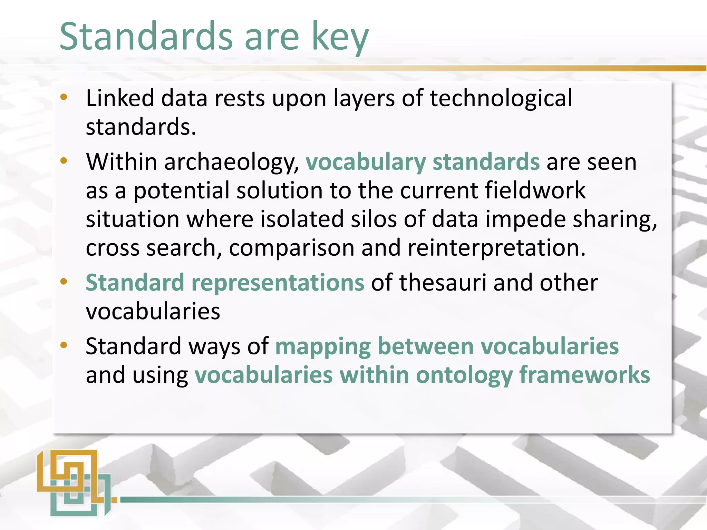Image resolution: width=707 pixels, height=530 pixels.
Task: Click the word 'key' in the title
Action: click(x=340, y=37)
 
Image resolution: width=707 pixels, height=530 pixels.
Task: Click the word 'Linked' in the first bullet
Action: click(x=120, y=98)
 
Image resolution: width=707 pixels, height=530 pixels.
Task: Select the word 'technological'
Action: click(x=501, y=98)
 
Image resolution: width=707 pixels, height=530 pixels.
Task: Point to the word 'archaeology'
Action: click(x=228, y=162)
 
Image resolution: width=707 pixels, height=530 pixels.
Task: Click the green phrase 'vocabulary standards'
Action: click(x=423, y=162)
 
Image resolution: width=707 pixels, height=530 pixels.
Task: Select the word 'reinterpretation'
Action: click(x=496, y=248)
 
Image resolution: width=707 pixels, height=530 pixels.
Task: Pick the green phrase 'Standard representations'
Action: click(x=225, y=283)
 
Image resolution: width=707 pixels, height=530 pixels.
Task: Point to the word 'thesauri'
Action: click(x=443, y=283)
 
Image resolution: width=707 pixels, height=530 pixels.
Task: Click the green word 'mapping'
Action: click(x=322, y=347)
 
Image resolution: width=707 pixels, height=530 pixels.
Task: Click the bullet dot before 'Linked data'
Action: click(x=64, y=98)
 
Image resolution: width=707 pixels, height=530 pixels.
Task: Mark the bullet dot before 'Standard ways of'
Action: click(x=64, y=345)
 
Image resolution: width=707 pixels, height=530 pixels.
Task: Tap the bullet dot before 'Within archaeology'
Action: click(x=64, y=161)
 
